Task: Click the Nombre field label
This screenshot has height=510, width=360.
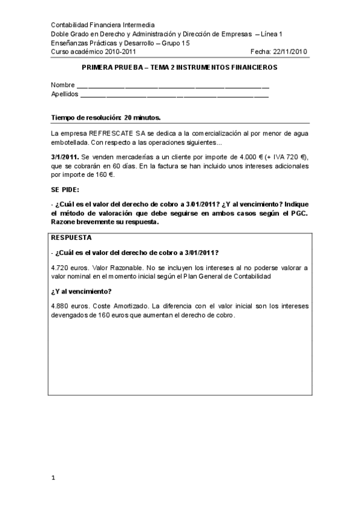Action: tap(63, 85)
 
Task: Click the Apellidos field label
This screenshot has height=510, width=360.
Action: tap(65, 94)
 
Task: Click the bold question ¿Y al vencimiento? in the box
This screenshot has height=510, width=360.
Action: tap(81, 291)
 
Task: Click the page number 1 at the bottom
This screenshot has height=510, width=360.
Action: tap(53, 478)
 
